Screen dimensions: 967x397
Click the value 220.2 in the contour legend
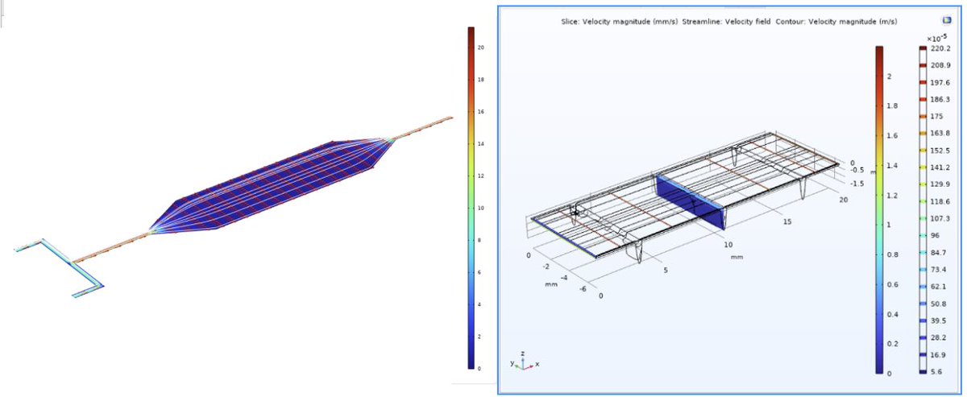[x=940, y=48]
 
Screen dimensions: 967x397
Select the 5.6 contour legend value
[x=936, y=371]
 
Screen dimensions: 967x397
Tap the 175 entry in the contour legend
[x=936, y=116]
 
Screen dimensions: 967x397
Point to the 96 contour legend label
[x=935, y=235]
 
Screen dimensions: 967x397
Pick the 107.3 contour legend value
[x=940, y=218]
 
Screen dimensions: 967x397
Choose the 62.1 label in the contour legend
[x=938, y=287]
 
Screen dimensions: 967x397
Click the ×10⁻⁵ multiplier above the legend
[x=936, y=38]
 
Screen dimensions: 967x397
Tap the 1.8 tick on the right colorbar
[x=892, y=105]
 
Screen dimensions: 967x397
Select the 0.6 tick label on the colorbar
[x=892, y=284]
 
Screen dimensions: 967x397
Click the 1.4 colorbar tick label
[x=892, y=165]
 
